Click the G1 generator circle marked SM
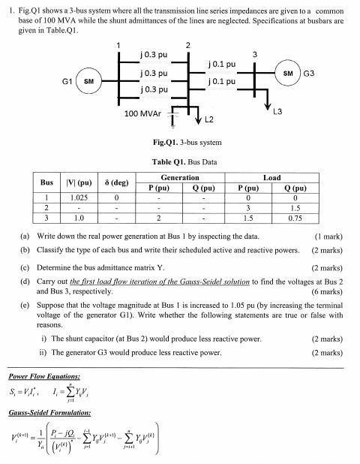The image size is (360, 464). tap(88, 80)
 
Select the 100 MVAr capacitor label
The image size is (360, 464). tap(143, 113)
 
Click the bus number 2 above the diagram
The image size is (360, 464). tap(187, 45)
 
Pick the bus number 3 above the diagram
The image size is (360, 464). tap(254, 54)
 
